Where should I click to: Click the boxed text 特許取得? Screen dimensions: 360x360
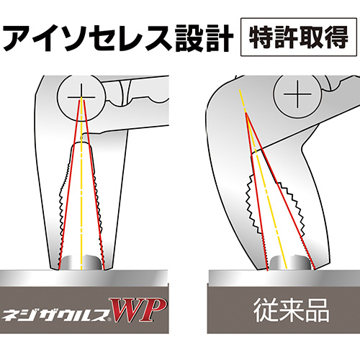coord(299,37)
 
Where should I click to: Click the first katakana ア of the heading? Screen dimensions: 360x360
coord(19,38)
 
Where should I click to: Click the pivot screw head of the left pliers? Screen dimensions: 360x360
coord(81,97)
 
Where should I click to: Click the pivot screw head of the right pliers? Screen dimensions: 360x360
coord(297,94)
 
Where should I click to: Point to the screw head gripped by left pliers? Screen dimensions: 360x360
coord(81,262)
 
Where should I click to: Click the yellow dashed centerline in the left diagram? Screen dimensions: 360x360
coord(81,184)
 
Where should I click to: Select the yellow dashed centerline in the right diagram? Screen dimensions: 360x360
coord(264,179)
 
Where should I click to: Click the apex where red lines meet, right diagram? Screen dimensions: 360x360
coord(246,113)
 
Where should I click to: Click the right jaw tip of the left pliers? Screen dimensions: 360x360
coord(107,267)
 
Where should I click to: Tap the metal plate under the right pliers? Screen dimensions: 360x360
coord(284,276)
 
